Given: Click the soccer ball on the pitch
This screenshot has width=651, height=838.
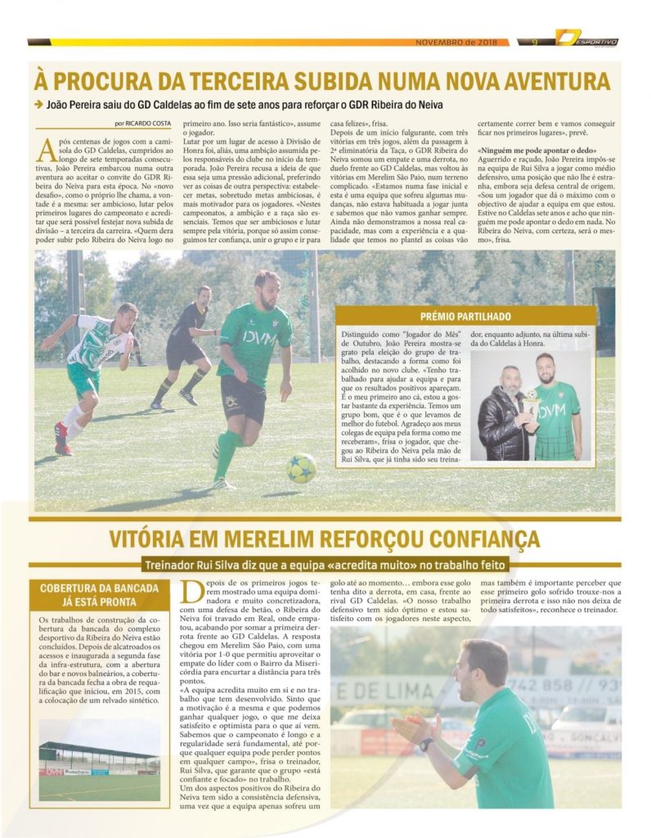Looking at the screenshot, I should (x=301, y=468).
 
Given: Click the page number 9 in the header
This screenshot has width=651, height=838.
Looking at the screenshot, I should (x=534, y=43).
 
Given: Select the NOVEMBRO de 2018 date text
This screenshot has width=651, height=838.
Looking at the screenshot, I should (x=456, y=43).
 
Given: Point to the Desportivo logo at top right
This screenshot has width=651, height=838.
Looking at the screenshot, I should (x=586, y=38).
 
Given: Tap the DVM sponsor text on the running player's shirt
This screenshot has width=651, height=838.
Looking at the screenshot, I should (x=254, y=337).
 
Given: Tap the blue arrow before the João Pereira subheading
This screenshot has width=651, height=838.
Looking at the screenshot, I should (x=38, y=104).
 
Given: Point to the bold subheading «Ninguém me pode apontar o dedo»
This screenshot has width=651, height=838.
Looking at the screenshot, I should (x=536, y=151).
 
